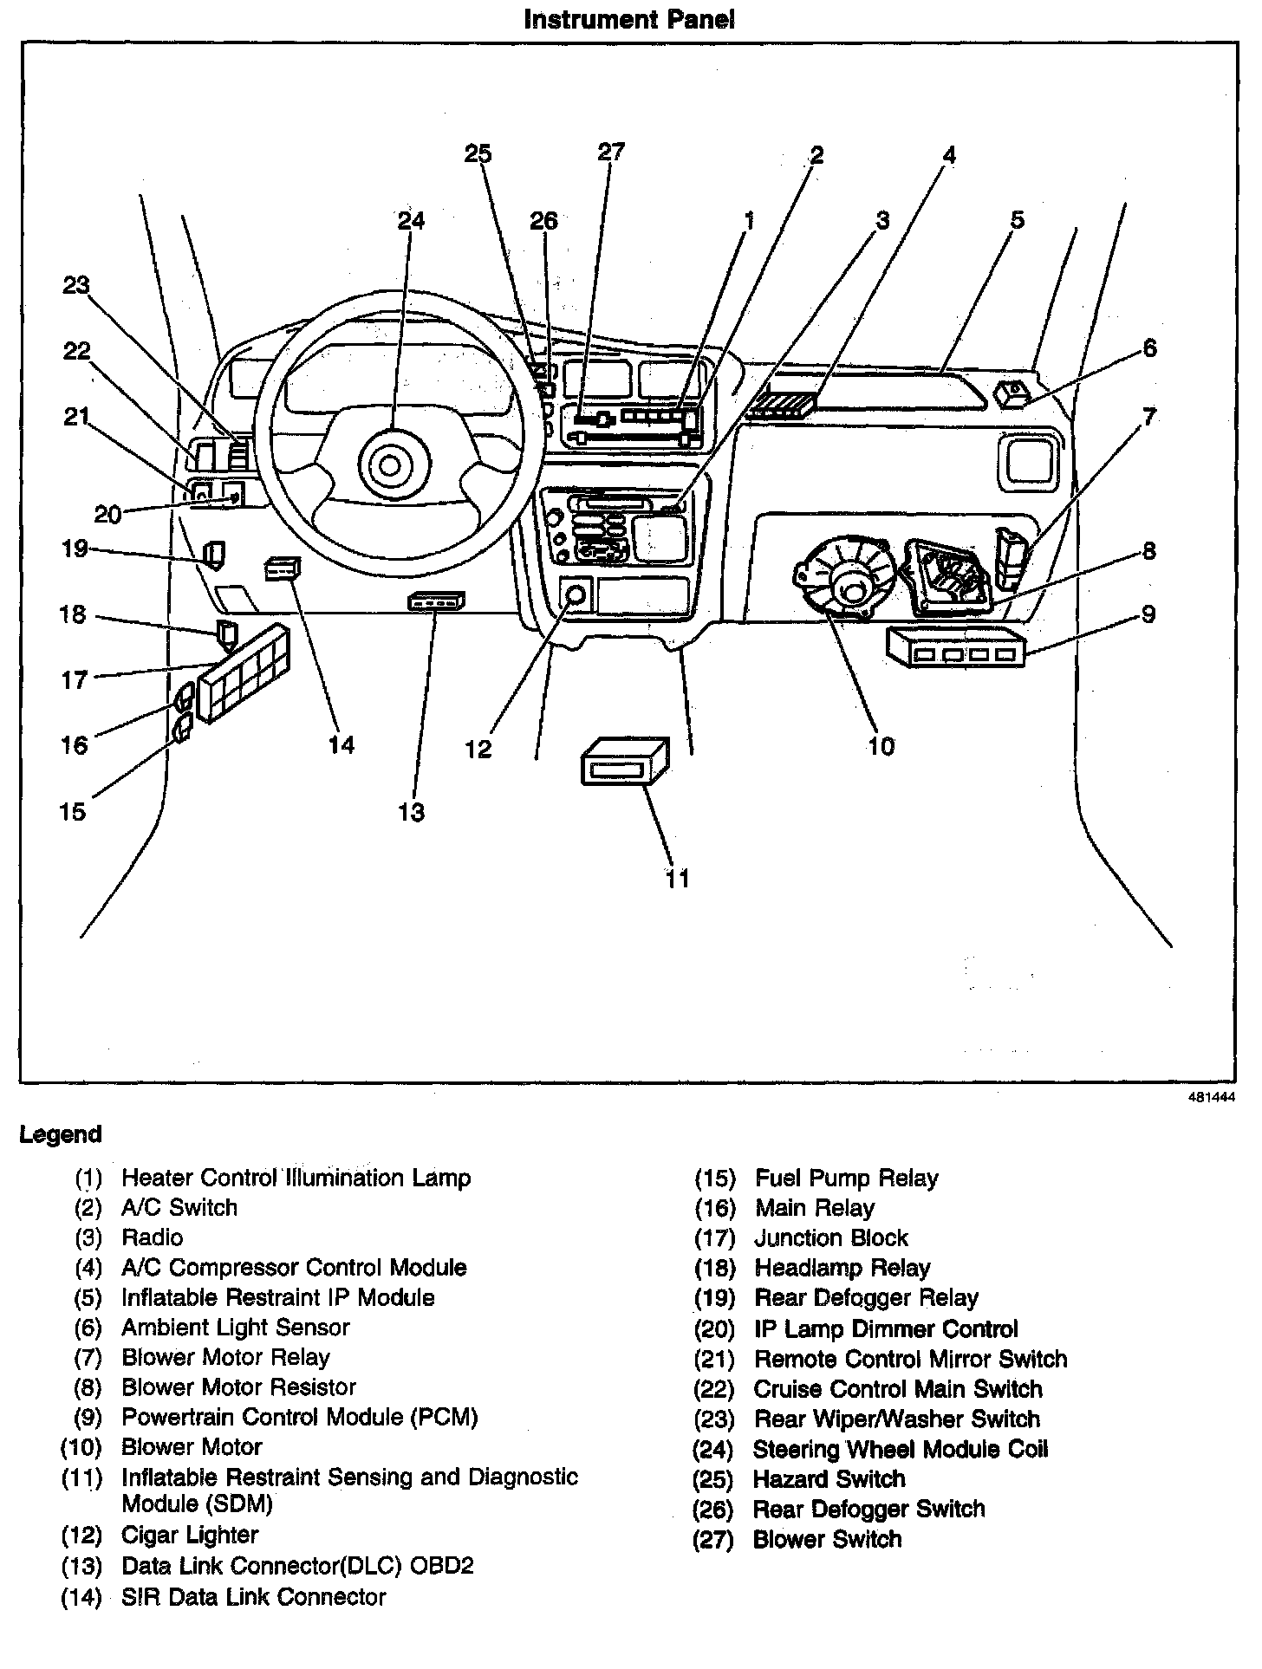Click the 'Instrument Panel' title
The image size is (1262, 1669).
629,20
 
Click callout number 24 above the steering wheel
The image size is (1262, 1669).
412,221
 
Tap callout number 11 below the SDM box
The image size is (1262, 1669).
678,879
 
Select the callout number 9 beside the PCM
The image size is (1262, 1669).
1148,614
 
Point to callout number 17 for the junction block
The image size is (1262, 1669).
75,679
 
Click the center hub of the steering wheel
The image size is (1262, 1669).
389,466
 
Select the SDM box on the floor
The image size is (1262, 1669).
625,763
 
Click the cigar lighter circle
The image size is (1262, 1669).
575,594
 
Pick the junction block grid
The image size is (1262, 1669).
244,673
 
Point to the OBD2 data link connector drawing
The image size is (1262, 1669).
436,601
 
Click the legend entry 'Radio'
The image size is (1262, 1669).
153,1237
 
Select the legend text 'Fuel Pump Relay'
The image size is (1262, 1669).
847,1178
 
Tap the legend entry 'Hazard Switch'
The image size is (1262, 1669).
829,1478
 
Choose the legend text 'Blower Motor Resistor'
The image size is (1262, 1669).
238,1387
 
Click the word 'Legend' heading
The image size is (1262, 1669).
61,1134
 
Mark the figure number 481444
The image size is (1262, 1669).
1211,1096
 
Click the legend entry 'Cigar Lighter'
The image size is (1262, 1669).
190,1535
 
